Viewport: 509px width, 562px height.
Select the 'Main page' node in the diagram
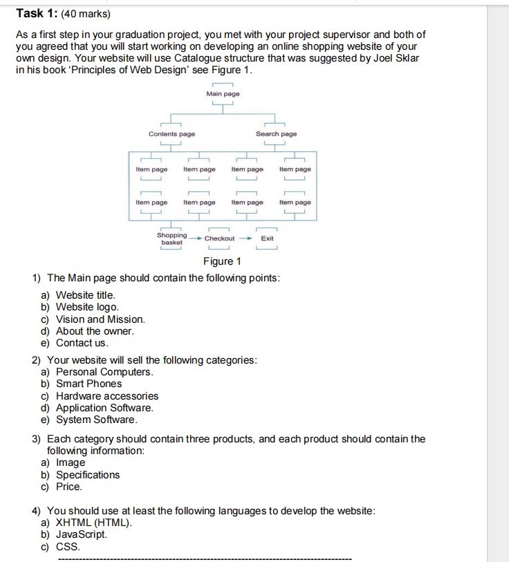(223, 93)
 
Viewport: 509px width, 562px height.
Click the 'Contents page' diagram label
(172, 134)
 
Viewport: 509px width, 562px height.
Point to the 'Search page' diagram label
(276, 134)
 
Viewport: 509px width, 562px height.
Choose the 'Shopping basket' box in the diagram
(172, 239)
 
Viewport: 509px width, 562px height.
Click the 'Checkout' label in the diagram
(219, 238)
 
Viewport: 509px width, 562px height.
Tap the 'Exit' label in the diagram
(267, 238)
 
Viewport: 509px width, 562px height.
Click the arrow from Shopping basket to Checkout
(196, 238)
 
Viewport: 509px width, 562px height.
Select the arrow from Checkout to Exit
(246, 238)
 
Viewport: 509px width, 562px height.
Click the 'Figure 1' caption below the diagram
(222, 261)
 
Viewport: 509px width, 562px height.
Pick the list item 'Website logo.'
(87, 307)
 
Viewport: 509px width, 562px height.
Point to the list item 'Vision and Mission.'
(100, 319)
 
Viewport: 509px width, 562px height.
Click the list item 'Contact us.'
(82, 343)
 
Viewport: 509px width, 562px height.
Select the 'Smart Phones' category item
(89, 384)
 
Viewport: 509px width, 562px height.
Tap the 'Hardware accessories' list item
(107, 396)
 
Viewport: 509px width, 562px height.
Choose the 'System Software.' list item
(96, 420)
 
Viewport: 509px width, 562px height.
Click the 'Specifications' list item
(88, 475)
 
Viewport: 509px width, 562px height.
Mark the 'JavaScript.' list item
(82, 534)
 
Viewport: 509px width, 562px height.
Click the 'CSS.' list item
(68, 547)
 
